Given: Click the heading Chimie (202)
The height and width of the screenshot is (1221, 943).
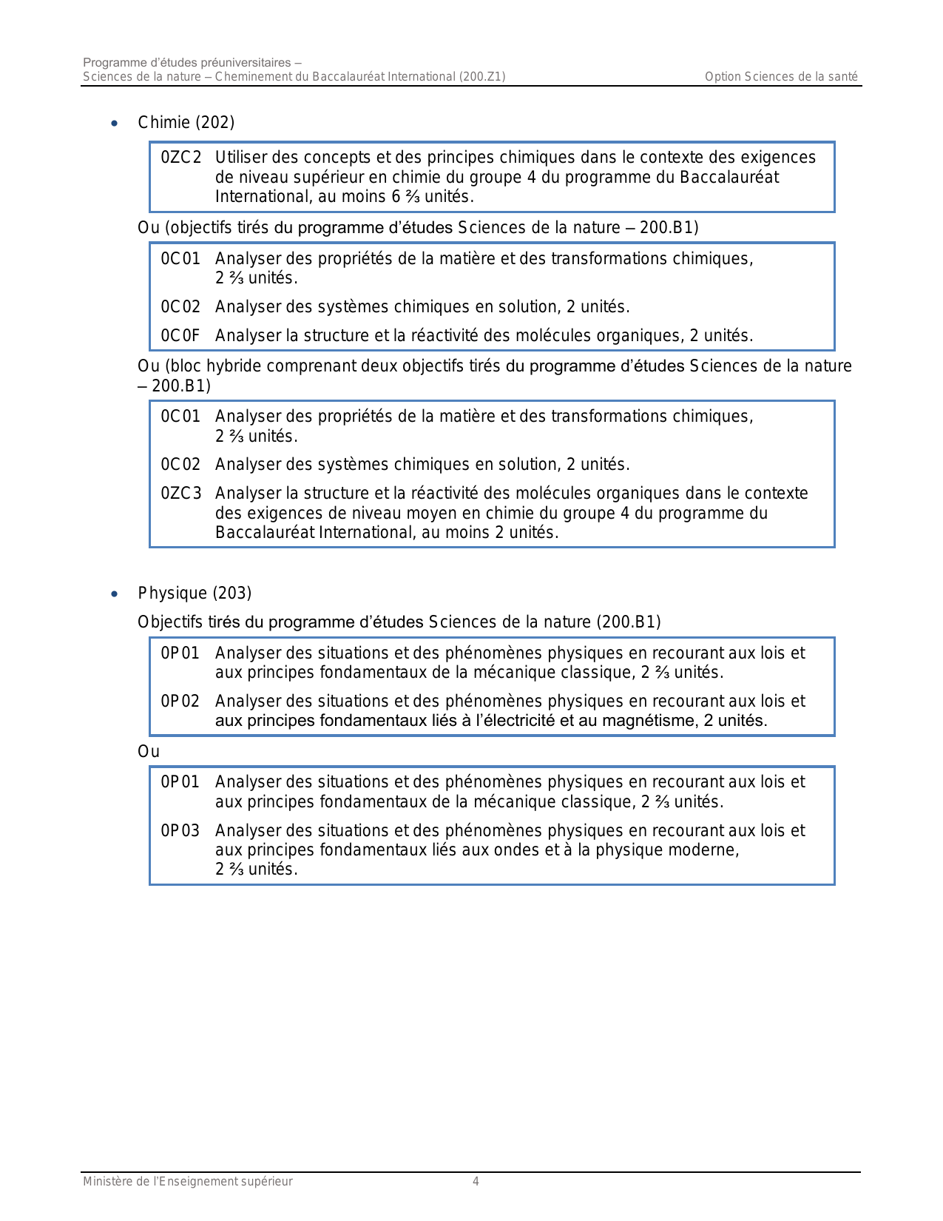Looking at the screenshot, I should pos(186,123).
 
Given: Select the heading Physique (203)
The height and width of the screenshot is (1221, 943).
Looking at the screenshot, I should pos(195,593).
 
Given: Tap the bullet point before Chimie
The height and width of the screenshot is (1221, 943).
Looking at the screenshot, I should pos(114,124).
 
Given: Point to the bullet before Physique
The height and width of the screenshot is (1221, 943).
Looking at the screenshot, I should pos(114,594).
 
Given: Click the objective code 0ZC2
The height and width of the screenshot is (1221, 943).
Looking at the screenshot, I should pos(181,158).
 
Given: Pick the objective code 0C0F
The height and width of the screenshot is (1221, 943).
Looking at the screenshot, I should pos(180,336).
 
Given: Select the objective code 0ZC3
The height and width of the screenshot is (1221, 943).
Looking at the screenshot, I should pos(181,494).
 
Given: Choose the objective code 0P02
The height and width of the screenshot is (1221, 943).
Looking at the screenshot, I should pos(180,702).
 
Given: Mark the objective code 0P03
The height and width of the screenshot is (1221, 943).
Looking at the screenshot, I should pos(180,831).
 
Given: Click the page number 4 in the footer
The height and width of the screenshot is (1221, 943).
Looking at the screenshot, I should pos(476,1182).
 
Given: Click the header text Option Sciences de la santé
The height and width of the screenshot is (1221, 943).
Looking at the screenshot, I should pos(781,77).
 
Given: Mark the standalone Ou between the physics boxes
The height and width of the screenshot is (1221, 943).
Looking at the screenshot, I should pos(149,752).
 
